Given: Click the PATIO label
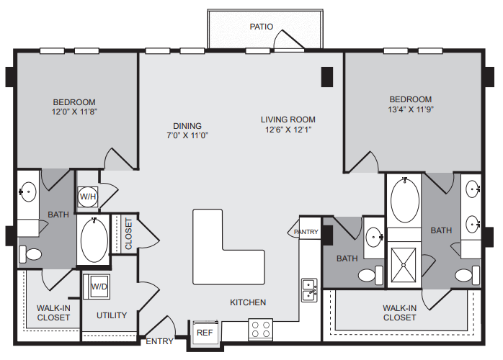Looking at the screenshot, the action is click(262, 27).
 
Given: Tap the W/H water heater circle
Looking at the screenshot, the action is click(88, 196).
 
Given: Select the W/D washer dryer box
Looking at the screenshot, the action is click(97, 287).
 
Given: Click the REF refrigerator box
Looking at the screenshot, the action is click(205, 333).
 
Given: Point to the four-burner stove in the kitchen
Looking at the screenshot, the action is click(260, 329).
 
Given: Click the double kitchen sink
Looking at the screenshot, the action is click(309, 289).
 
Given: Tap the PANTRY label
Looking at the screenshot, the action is click(306, 232).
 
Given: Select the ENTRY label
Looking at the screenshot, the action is click(159, 341).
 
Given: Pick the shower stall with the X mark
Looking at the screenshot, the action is click(404, 265).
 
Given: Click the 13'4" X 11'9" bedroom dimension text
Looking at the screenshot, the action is click(411, 109).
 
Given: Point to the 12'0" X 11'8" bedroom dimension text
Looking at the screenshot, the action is click(74, 112).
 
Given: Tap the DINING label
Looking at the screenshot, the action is click(187, 126).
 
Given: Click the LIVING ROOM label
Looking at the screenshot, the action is click(288, 120).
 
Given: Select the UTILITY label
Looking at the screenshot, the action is click(112, 315).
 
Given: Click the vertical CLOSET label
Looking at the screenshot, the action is click(128, 234).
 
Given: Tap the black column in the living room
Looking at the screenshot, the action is click(327, 77).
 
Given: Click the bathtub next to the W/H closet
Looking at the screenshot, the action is click(94, 240).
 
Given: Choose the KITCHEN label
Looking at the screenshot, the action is click(248, 302).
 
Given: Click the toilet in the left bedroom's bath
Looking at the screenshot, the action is click(30, 255).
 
